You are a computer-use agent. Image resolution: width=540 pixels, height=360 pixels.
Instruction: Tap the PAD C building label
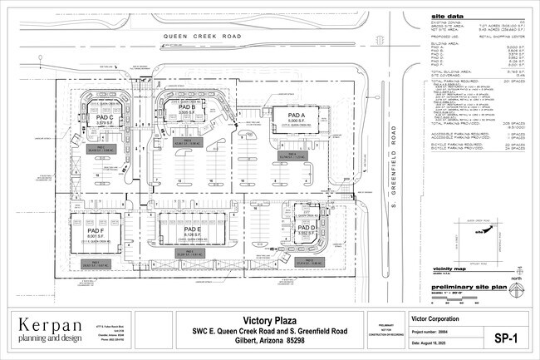click(104, 119)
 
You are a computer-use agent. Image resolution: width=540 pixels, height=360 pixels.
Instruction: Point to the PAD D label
click(307, 226)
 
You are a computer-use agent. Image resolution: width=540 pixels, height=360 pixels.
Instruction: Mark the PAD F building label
click(95, 230)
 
